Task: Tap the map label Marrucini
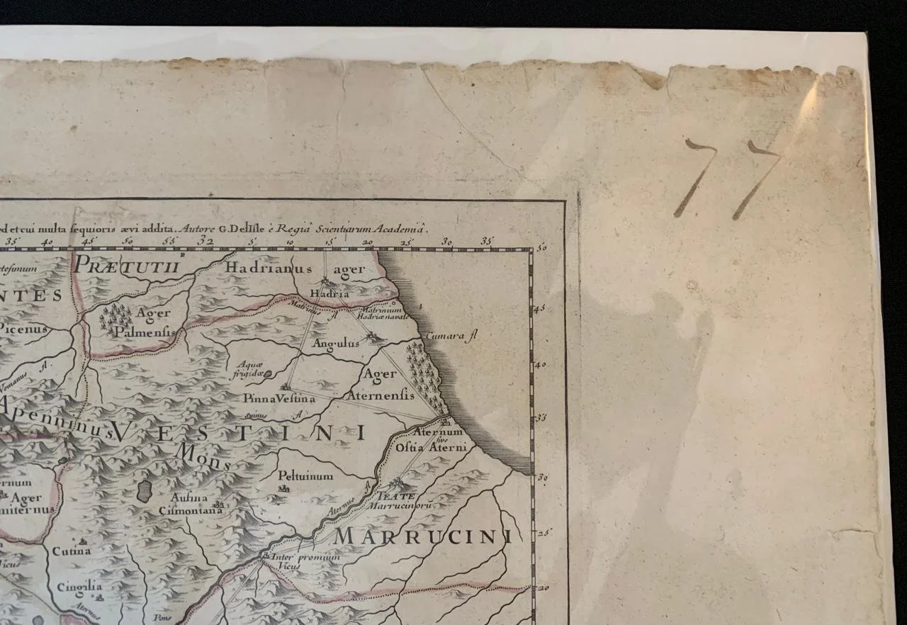click(422, 537)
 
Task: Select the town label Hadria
click(330, 293)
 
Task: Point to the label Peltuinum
click(305, 476)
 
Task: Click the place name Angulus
click(336, 344)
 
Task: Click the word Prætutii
click(129, 265)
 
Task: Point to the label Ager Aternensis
click(380, 384)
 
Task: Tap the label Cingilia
click(75, 587)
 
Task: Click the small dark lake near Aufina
click(144, 490)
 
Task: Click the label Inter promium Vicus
click(305, 561)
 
